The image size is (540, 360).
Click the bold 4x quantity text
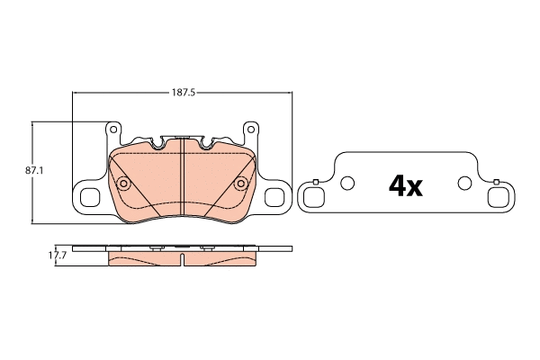point(405,185)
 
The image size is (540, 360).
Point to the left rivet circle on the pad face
point(124,184)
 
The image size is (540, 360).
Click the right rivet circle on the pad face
point(240,184)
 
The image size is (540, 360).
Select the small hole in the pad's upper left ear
point(113,130)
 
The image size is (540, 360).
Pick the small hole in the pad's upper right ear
point(251,130)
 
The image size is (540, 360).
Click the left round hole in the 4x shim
point(347,184)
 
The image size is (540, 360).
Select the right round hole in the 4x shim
point(464,184)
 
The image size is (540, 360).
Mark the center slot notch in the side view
point(183,260)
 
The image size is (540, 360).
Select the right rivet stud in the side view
point(208,247)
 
